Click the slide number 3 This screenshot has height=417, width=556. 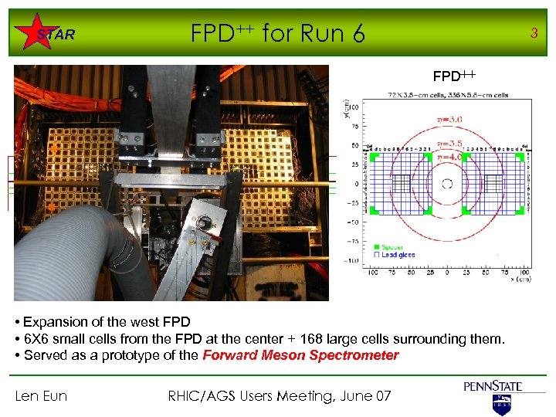point(533,32)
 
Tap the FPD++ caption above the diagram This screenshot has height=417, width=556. point(454,76)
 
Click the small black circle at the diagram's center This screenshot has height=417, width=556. point(446,184)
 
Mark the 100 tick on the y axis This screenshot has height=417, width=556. point(356,106)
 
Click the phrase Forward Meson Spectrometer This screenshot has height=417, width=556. point(300,355)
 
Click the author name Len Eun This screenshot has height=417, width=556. point(41,396)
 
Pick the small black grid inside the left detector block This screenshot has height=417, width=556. point(402,184)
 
